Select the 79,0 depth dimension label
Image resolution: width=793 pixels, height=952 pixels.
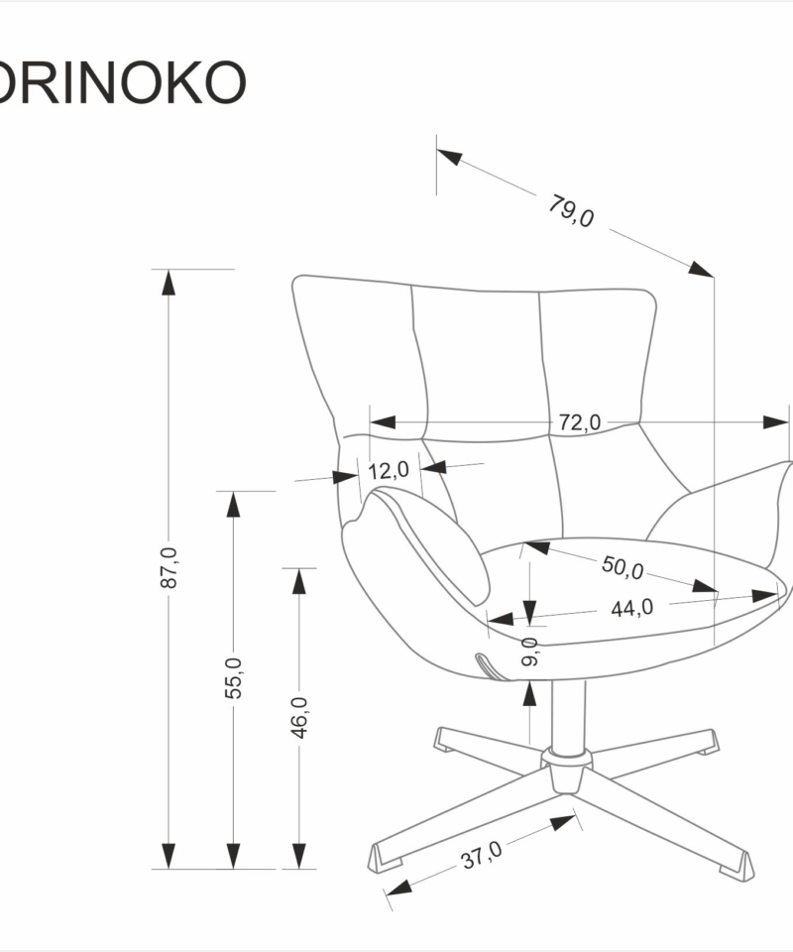coord(571,211)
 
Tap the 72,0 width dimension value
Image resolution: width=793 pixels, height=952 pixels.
coord(579,423)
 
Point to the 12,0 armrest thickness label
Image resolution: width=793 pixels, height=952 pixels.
coord(390,469)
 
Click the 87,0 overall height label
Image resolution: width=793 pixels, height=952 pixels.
coord(169,568)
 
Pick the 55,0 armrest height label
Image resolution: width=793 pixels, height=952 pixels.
coord(234,678)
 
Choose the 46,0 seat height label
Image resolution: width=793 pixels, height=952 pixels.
coord(299,717)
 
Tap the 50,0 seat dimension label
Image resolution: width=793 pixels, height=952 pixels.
coord(623,567)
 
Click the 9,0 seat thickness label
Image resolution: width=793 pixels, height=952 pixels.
coord(529,652)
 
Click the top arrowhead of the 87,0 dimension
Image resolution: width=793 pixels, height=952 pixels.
coord(169,282)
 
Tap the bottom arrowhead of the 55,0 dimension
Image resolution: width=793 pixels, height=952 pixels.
coord(234,855)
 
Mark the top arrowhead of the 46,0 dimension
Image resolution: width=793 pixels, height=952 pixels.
coord(299,581)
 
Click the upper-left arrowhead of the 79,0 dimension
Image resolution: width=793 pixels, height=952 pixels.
coord(448,157)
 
